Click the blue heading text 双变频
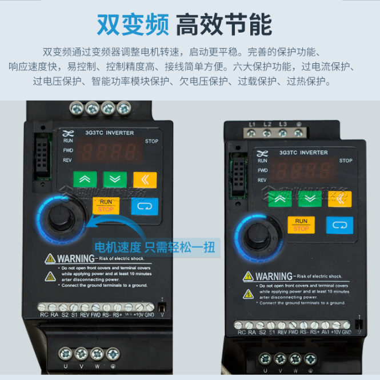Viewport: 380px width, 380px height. tap(133, 24)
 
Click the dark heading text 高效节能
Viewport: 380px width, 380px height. tap(223, 24)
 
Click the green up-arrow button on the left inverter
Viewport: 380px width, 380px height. tap(85, 179)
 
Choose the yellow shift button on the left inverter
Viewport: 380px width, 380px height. tap(145, 179)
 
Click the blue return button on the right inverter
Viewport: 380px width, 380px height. tap(339, 225)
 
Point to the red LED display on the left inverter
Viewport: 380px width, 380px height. tap(109, 152)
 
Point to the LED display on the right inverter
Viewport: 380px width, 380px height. tap(302, 170)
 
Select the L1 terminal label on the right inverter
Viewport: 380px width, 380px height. tap(252, 124)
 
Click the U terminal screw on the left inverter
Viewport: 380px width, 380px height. tap(65, 354)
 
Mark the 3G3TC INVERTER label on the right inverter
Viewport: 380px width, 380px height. tap(303, 153)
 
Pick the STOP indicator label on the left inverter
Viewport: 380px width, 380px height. tap(151, 141)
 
